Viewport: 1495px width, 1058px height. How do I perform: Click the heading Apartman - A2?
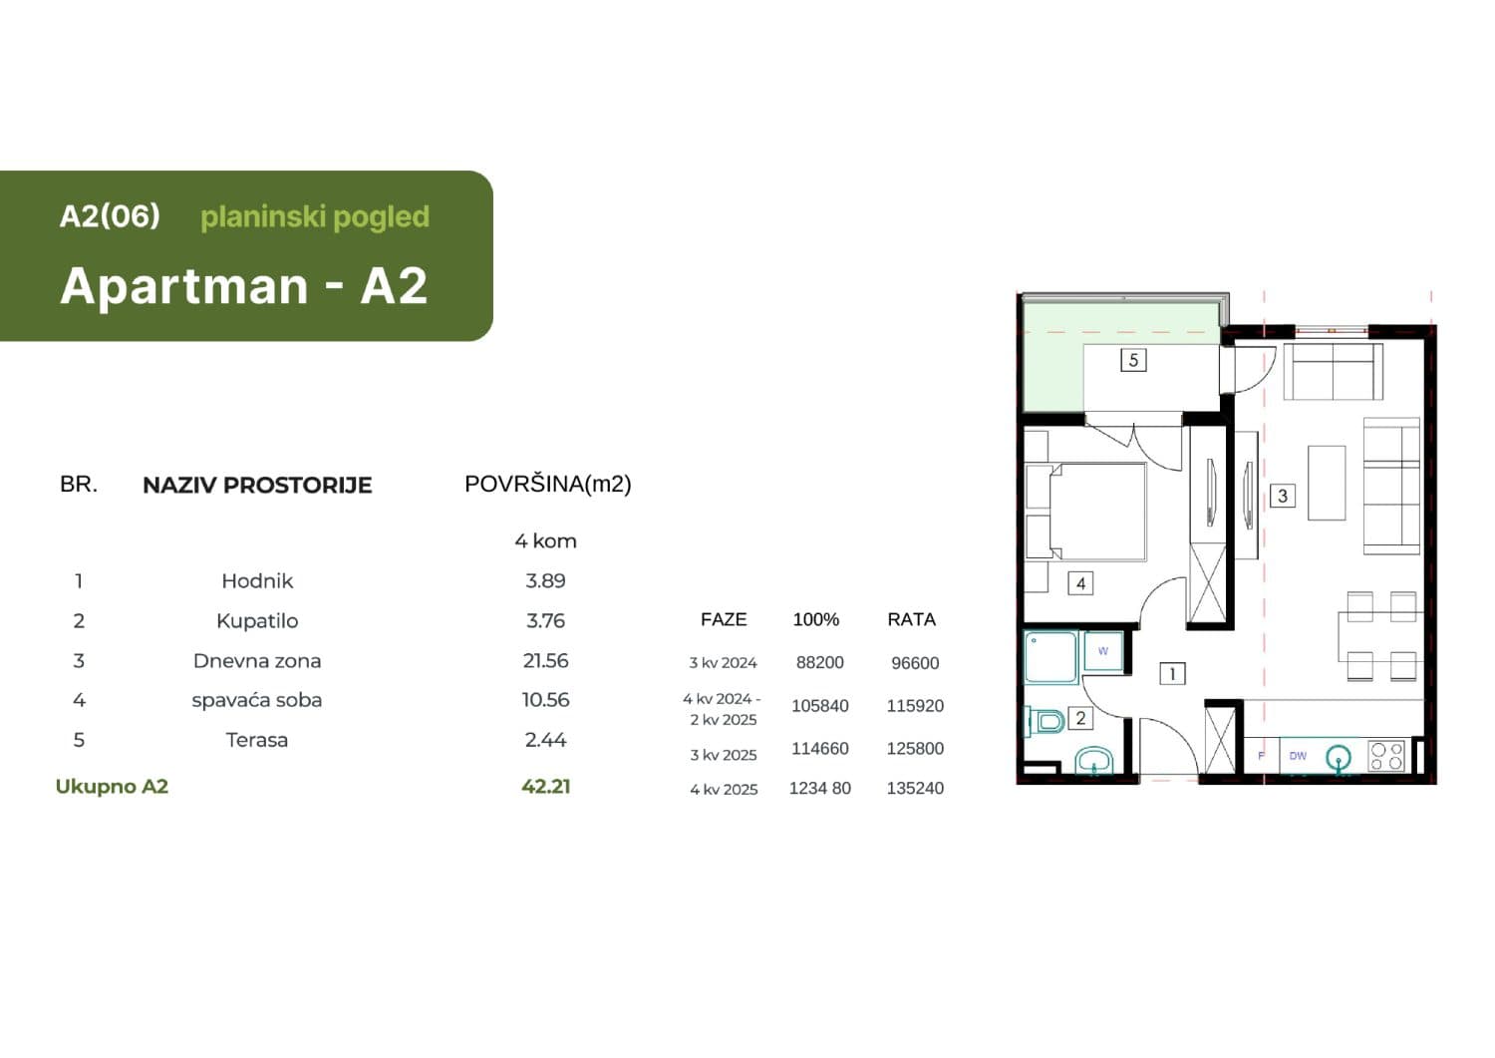pyautogui.click(x=244, y=286)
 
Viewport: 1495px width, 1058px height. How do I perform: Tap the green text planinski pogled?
pyautogui.click(x=315, y=216)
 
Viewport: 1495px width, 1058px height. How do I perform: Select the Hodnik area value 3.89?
pyautogui.click(x=545, y=580)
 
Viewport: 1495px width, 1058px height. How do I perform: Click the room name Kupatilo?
pyautogui.click(x=257, y=620)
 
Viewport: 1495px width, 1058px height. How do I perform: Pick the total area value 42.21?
pyautogui.click(x=545, y=786)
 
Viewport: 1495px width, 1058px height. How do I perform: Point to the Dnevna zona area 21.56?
pyautogui.click(x=545, y=660)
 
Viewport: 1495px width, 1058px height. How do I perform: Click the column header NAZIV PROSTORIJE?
pyautogui.click(x=257, y=485)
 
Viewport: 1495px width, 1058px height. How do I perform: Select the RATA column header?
pyautogui.click(x=911, y=619)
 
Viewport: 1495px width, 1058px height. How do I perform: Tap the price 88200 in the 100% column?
pyautogui.click(x=819, y=662)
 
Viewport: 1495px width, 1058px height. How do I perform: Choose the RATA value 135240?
pyautogui.click(x=915, y=788)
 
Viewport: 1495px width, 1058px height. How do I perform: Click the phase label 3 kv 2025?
pyautogui.click(x=724, y=755)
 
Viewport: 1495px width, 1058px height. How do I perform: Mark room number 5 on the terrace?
pyautogui.click(x=1133, y=360)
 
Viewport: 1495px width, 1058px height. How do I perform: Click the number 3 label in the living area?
pyautogui.click(x=1282, y=496)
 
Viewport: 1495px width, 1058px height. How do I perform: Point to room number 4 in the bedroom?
pyautogui.click(x=1080, y=583)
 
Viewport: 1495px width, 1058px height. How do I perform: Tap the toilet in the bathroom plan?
pyautogui.click(x=1045, y=719)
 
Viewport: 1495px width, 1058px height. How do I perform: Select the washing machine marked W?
pyautogui.click(x=1103, y=651)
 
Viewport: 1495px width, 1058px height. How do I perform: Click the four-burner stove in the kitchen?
pyautogui.click(x=1386, y=756)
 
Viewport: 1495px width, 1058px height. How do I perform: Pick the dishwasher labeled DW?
pyautogui.click(x=1298, y=756)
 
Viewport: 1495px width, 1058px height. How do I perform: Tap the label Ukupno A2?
pyautogui.click(x=112, y=786)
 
